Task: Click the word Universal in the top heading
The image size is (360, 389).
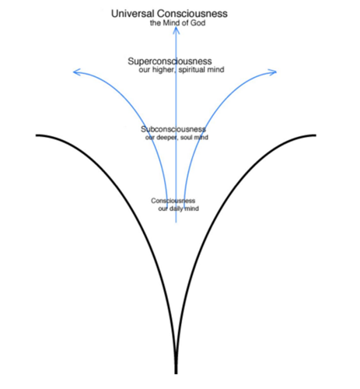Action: [x=133, y=13]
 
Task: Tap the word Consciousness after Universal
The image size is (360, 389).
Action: [x=192, y=13]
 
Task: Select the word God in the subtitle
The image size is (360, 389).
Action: [x=198, y=23]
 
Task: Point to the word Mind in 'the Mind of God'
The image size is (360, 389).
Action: [x=171, y=23]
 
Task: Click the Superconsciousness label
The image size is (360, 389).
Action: [x=170, y=61]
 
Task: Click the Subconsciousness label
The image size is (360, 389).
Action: [x=173, y=129]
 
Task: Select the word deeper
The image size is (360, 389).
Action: [x=166, y=138]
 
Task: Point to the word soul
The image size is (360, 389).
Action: [x=185, y=137]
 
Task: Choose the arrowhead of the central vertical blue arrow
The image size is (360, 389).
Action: [x=177, y=30]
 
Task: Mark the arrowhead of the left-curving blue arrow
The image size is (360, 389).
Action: [x=76, y=72]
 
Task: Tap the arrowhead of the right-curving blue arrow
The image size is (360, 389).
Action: [x=274, y=72]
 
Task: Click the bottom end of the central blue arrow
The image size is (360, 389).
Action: [x=177, y=223]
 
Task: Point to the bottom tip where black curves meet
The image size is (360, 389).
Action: [x=176, y=373]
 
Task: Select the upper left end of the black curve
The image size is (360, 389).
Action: [x=37, y=135]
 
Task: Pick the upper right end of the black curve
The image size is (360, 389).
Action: [x=316, y=135]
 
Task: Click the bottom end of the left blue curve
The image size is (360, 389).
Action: [x=167, y=209]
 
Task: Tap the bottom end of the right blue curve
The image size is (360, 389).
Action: [x=184, y=209]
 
